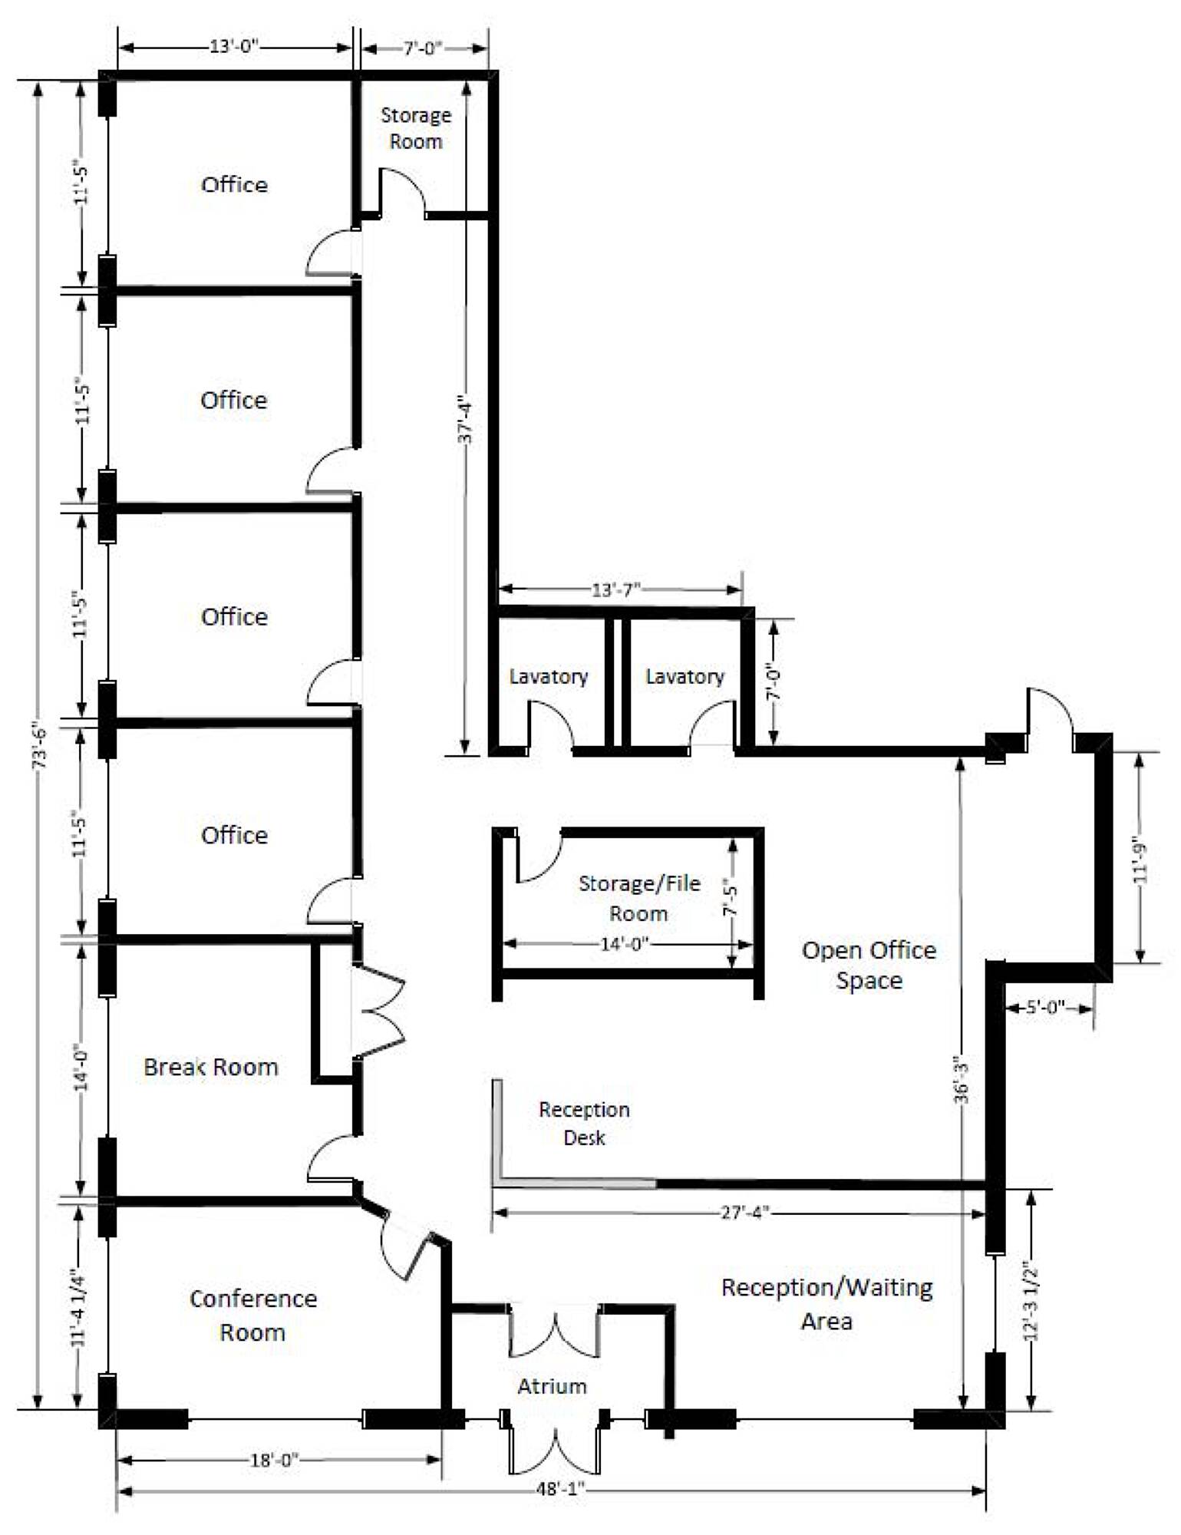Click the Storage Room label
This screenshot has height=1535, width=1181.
416,128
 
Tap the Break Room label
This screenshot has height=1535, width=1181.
211,1067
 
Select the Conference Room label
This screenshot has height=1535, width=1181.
253,1315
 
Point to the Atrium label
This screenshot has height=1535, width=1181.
552,1386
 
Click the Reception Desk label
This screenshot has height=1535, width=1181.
584,1124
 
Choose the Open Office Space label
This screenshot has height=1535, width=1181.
869,966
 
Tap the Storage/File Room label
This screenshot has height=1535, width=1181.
639,898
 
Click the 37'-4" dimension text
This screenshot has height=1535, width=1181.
465,419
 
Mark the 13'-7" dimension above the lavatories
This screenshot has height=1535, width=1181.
615,590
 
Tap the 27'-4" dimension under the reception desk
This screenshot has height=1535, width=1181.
744,1212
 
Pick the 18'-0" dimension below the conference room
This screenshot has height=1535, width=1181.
274,1460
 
